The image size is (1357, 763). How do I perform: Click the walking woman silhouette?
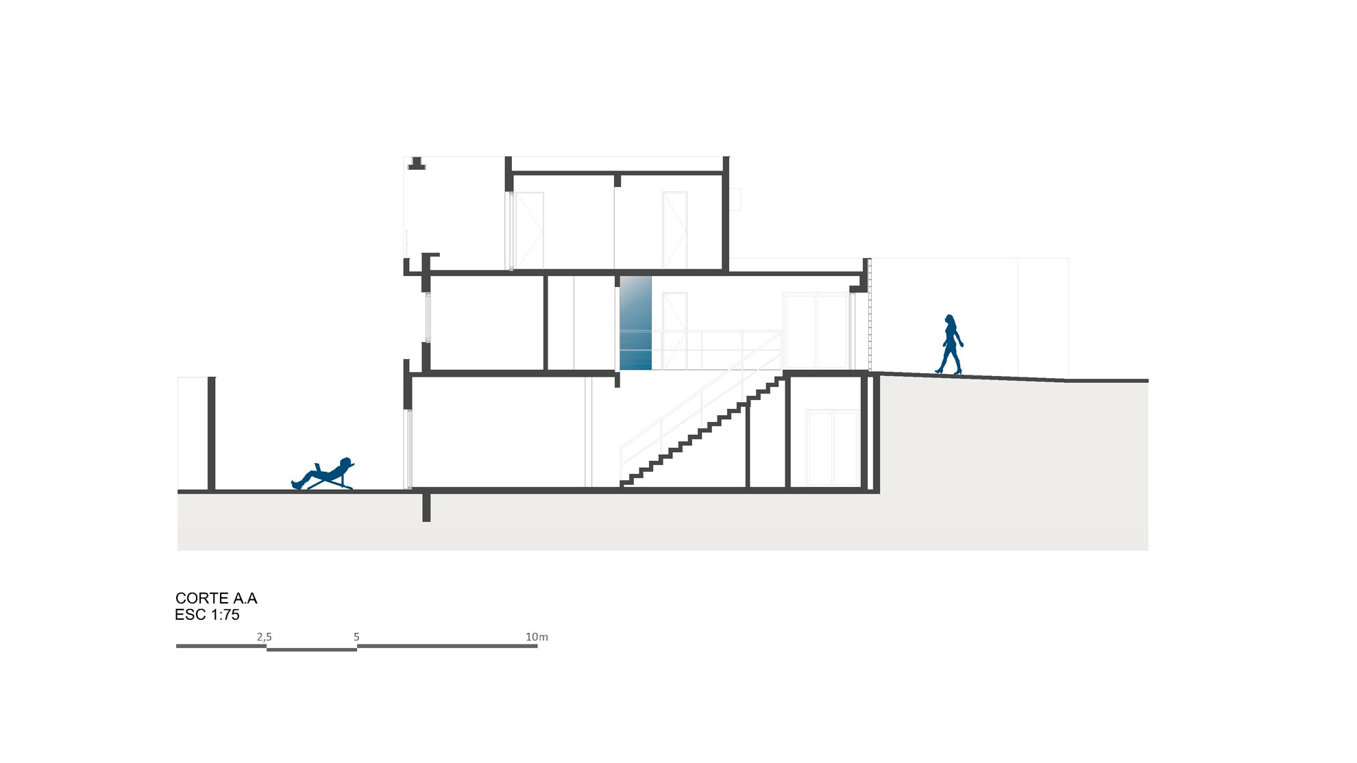pos(949,345)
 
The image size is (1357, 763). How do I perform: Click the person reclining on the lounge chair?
pos(322,474)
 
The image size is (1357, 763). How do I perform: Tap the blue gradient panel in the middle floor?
pos(635,323)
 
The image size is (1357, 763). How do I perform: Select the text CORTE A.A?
pos(217,599)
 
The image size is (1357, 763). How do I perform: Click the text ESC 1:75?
pos(207,615)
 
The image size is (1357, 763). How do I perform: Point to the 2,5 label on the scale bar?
pos(264,637)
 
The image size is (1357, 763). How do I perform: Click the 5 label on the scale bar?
pos(356,637)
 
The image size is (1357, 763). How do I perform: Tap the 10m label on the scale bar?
pos(537,637)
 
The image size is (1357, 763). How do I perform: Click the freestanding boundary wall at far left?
pos(212,434)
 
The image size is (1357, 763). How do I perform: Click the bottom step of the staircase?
pos(626,483)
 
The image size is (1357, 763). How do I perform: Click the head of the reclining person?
pos(347,462)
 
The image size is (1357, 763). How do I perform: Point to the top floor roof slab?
pos(617,173)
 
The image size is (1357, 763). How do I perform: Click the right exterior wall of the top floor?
pos(726,213)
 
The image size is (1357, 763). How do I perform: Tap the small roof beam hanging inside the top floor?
pos(618,181)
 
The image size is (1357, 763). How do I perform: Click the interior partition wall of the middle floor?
pos(546,323)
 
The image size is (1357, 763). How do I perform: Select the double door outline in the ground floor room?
pos(832,448)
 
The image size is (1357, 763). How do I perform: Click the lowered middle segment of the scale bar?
pos(312,649)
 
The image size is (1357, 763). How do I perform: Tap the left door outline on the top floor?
pos(529,230)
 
